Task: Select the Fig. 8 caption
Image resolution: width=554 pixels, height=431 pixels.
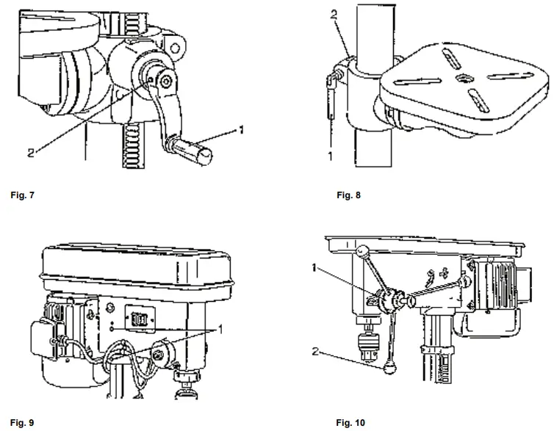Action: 348,196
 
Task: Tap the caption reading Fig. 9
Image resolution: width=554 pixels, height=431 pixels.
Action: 22,422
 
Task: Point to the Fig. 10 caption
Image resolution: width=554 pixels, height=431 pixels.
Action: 350,422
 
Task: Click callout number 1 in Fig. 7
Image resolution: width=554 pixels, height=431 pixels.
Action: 241,129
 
